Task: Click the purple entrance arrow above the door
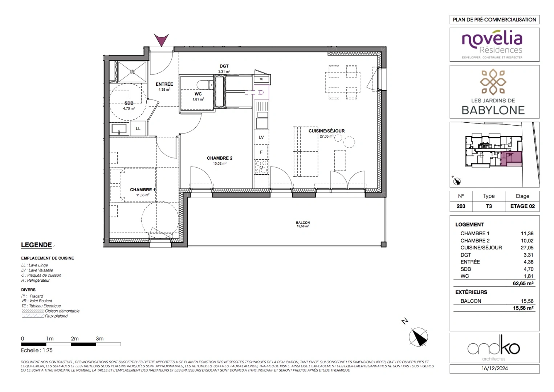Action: pyautogui.click(x=161, y=39)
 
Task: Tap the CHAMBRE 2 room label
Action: pyautogui.click(x=219, y=158)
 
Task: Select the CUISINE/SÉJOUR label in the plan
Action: pyautogui.click(x=326, y=131)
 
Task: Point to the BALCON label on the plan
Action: pyautogui.click(x=302, y=223)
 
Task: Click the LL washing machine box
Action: pyautogui.click(x=138, y=128)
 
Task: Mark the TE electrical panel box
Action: pyautogui.click(x=261, y=79)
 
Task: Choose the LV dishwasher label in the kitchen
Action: pyautogui.click(x=261, y=137)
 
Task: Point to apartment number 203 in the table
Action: pyautogui.click(x=461, y=206)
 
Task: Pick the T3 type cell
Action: pyautogui.click(x=489, y=206)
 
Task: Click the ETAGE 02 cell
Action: pyautogui.click(x=522, y=206)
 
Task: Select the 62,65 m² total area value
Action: pyautogui.click(x=523, y=283)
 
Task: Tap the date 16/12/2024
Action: pyautogui.click(x=494, y=369)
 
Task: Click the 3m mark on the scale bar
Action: pyautogui.click(x=99, y=339)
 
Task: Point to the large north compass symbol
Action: pyautogui.click(x=418, y=337)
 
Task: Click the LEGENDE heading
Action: pyautogui.click(x=36, y=245)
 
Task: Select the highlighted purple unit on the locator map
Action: pyautogui.click(x=512, y=159)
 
